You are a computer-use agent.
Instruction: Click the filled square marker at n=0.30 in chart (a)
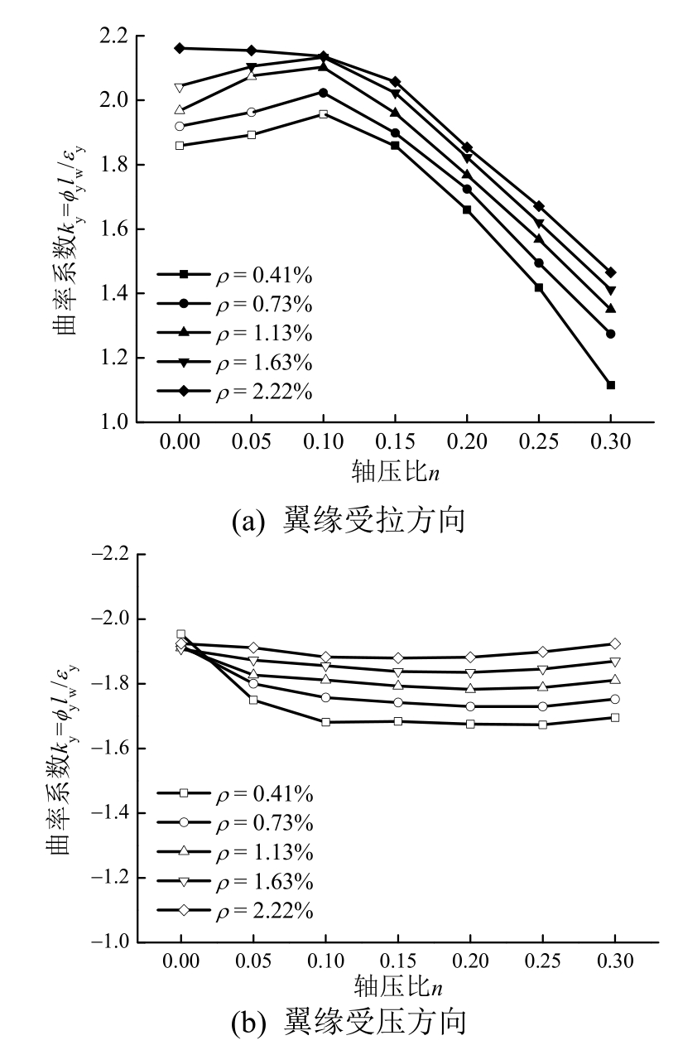pos(611,385)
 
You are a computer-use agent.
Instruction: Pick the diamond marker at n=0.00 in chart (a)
pos(180,48)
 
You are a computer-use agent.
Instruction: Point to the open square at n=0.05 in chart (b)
pos(252,700)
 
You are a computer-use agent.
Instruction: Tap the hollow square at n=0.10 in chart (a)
pos(323,114)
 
